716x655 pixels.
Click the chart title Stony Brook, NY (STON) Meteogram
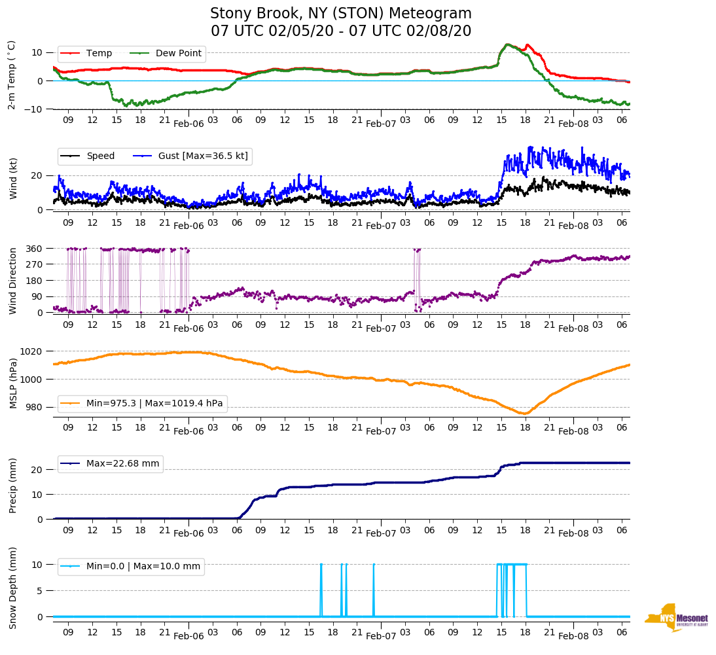point(340,14)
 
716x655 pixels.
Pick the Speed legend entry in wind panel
point(100,156)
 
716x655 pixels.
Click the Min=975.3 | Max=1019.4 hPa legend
point(154,403)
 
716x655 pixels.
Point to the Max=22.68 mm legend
point(122,464)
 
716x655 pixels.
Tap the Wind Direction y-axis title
point(13,280)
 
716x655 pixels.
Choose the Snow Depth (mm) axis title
point(13,588)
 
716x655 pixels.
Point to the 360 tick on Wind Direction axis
point(35,249)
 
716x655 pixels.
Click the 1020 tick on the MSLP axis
point(32,351)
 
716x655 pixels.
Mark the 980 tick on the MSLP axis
point(35,407)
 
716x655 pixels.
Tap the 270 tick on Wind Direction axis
point(35,264)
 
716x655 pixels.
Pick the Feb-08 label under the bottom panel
point(573,637)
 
